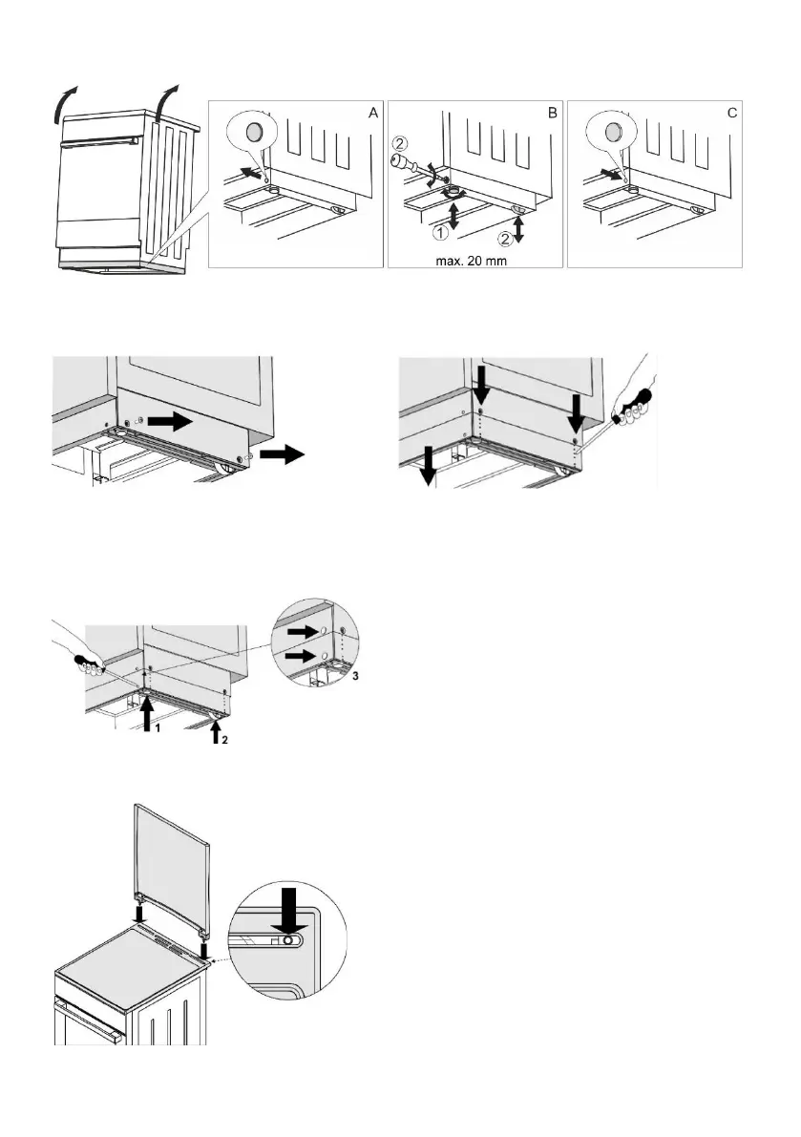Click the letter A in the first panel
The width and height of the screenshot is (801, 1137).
click(372, 113)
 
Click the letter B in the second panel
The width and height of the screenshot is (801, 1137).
click(552, 113)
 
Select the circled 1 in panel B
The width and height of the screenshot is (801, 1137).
click(442, 231)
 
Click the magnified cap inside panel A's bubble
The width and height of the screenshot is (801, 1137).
click(255, 130)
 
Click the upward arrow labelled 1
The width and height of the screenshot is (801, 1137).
click(145, 715)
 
